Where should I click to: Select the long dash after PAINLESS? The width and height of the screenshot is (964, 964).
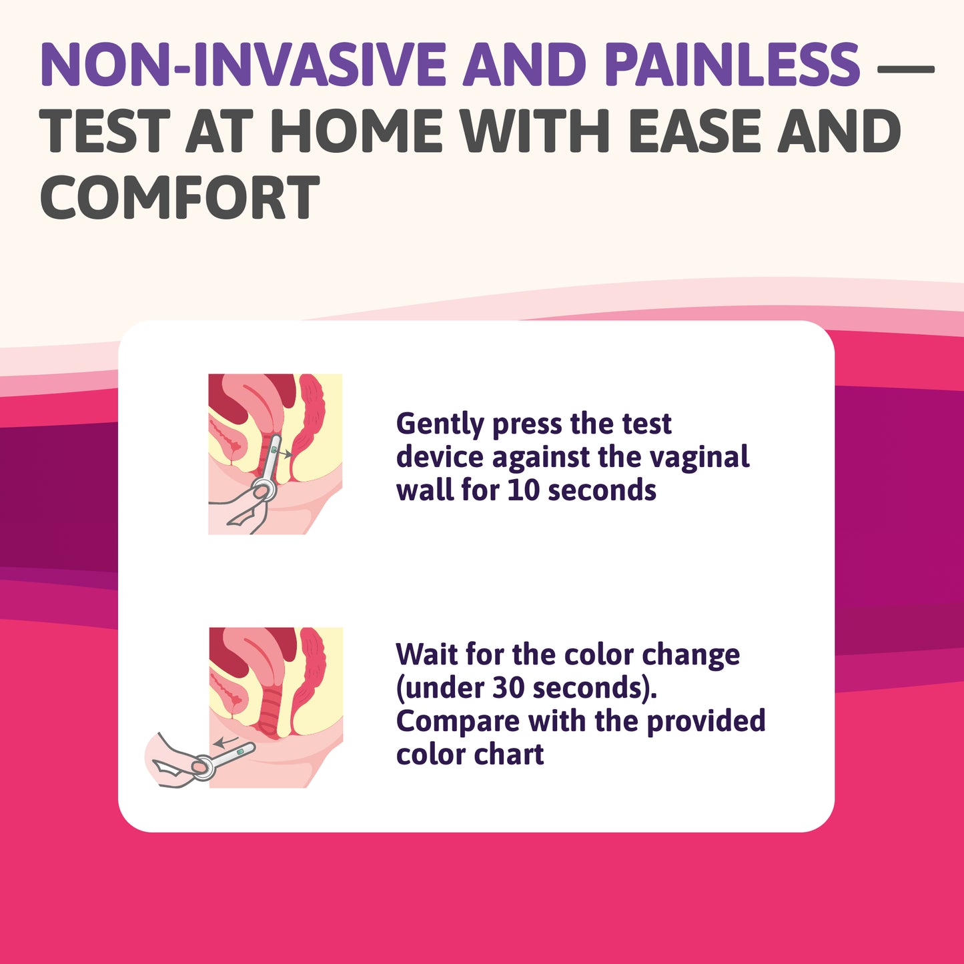click(x=904, y=67)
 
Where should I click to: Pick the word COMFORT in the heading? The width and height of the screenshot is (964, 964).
click(x=180, y=198)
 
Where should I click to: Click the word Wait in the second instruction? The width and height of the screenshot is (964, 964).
click(x=426, y=654)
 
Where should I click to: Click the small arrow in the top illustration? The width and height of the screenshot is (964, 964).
click(x=286, y=454)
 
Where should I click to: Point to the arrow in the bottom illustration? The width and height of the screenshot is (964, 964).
click(x=225, y=741)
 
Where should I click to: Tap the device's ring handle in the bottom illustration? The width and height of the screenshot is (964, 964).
click(x=203, y=767)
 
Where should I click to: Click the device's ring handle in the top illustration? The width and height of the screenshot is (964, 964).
click(x=263, y=490)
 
